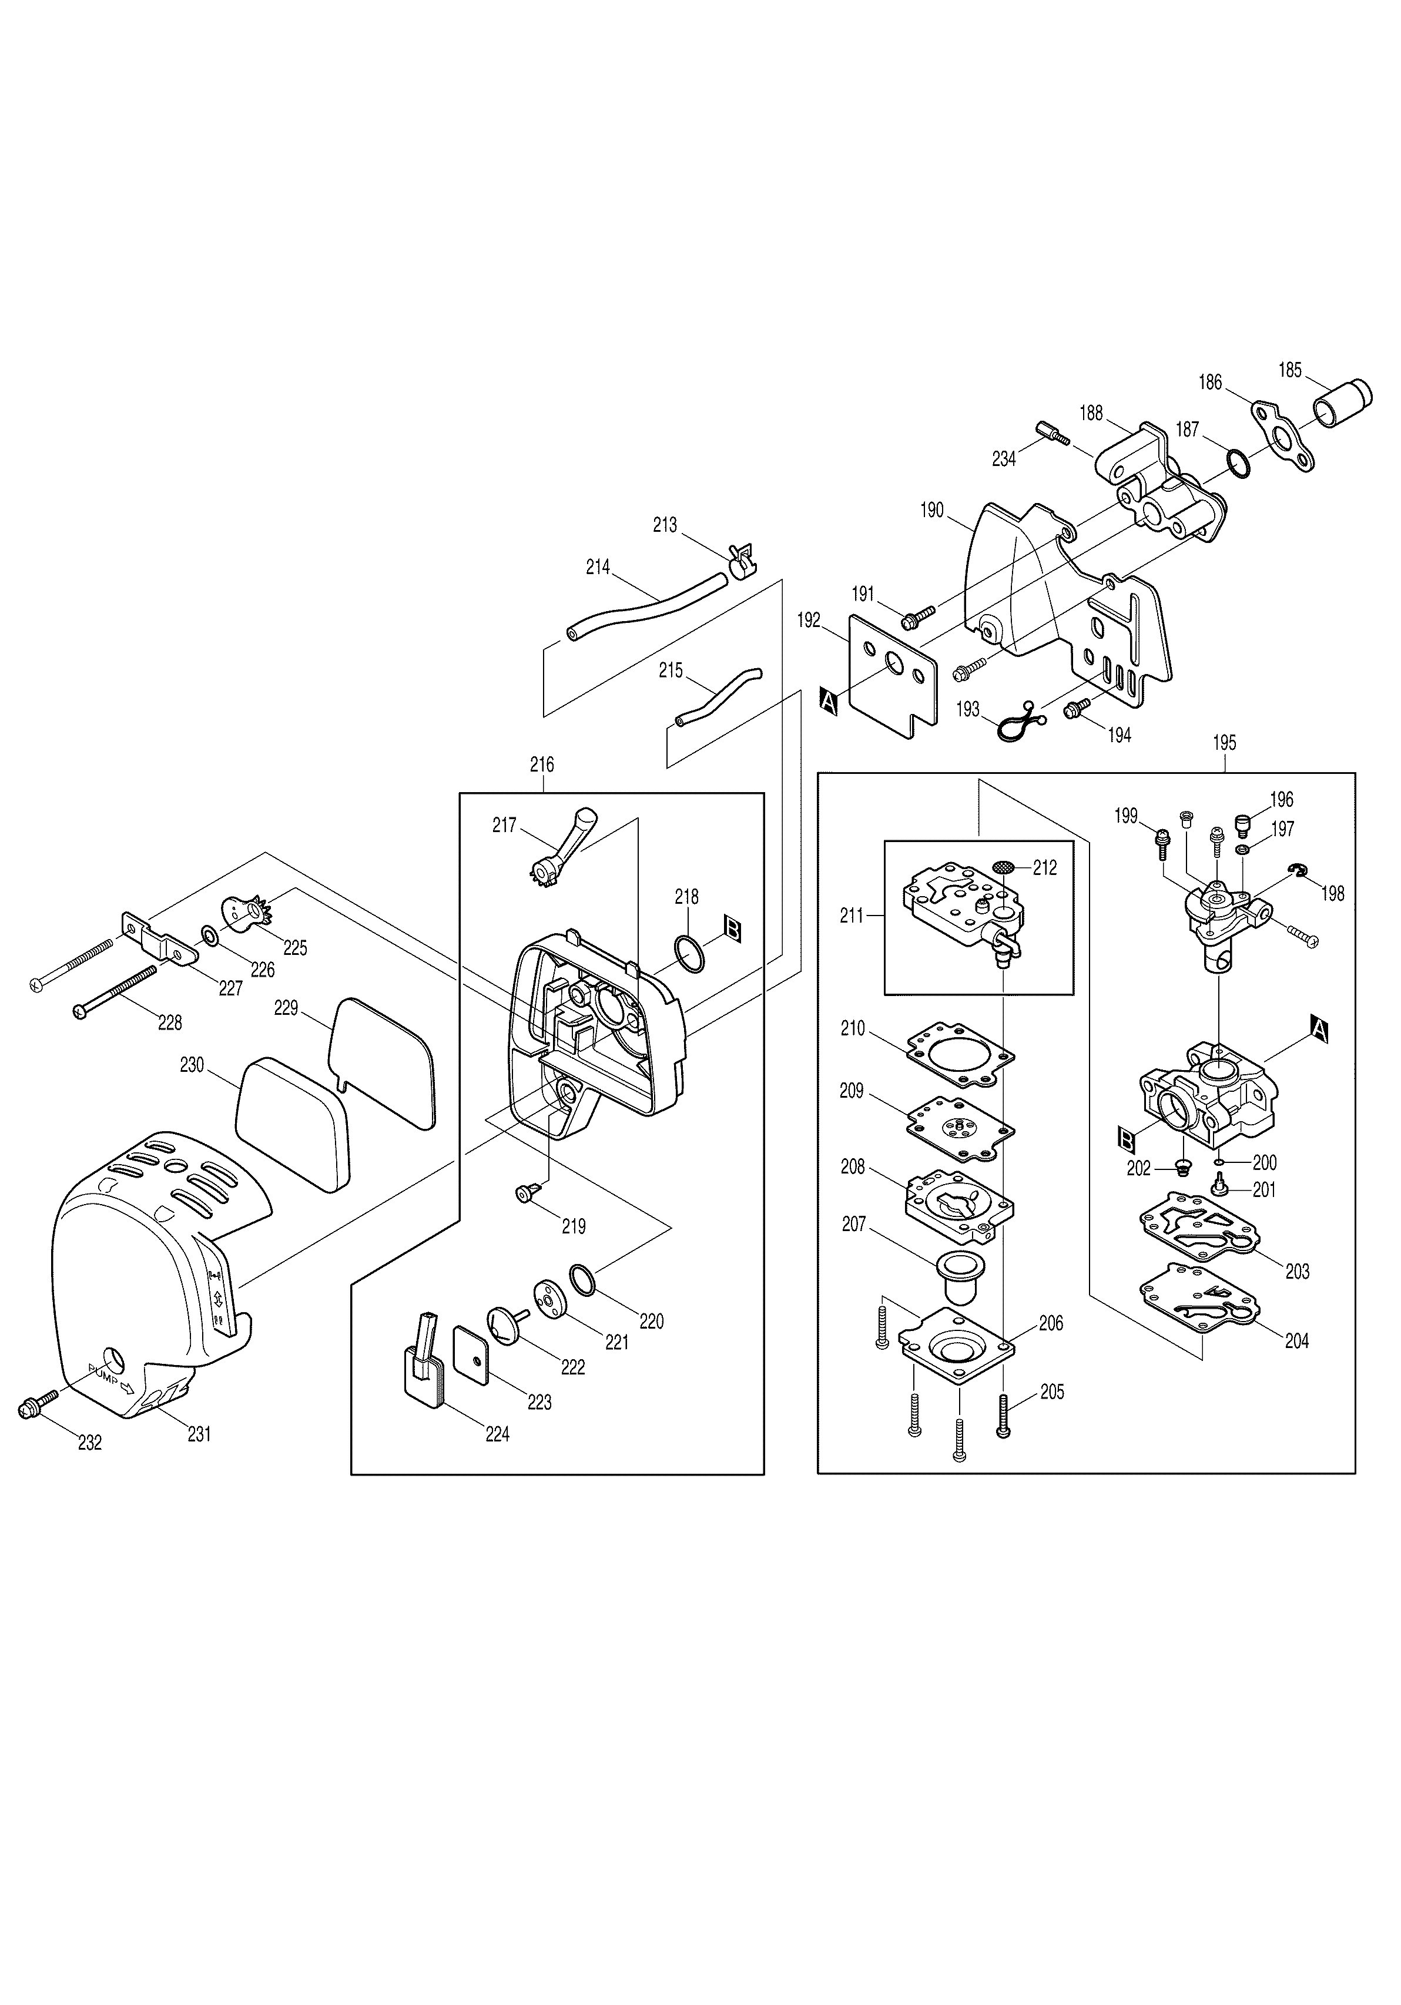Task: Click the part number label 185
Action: pyautogui.click(x=1289, y=370)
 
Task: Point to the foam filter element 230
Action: pyautogui.click(x=293, y=1125)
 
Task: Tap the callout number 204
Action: pyautogui.click(x=1296, y=1340)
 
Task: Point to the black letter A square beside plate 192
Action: pyautogui.click(x=828, y=700)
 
